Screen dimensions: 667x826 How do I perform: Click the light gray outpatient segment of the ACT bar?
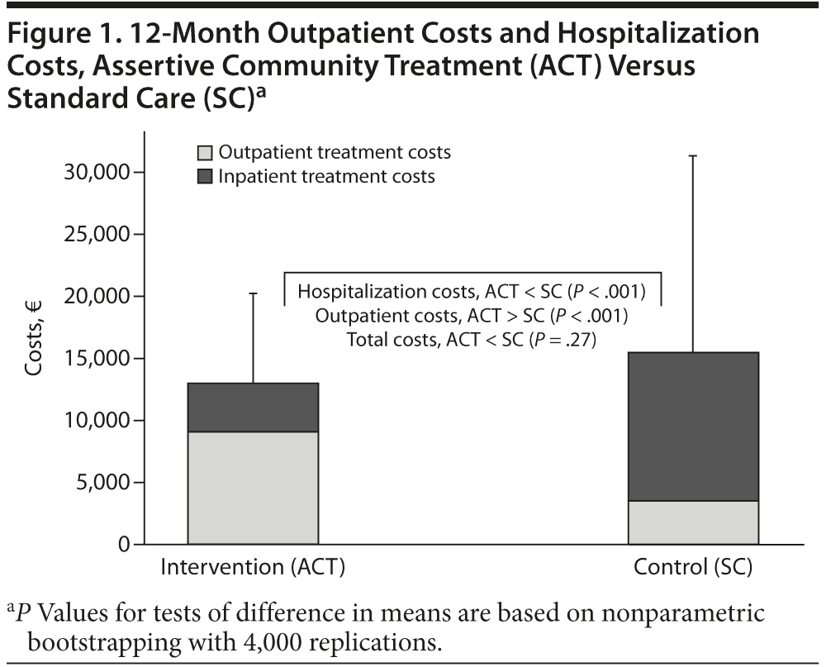(x=253, y=488)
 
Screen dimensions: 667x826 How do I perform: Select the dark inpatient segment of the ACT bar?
(x=253, y=407)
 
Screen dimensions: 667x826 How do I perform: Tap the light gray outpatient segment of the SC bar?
(x=693, y=522)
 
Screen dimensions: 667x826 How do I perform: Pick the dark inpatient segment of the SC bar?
(x=693, y=426)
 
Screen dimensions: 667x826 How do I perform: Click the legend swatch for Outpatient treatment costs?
(x=205, y=153)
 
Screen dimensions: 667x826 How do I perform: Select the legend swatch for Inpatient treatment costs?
(x=205, y=177)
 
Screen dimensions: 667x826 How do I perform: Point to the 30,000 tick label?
(x=96, y=173)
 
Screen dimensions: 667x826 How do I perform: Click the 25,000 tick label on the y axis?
(x=96, y=235)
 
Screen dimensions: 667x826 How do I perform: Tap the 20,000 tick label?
(x=96, y=297)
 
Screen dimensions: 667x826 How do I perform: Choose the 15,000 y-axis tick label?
(x=96, y=359)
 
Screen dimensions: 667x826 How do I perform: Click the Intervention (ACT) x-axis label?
(x=252, y=569)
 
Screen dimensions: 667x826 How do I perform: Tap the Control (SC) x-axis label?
(x=693, y=569)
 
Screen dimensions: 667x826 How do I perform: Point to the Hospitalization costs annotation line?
(x=471, y=292)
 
